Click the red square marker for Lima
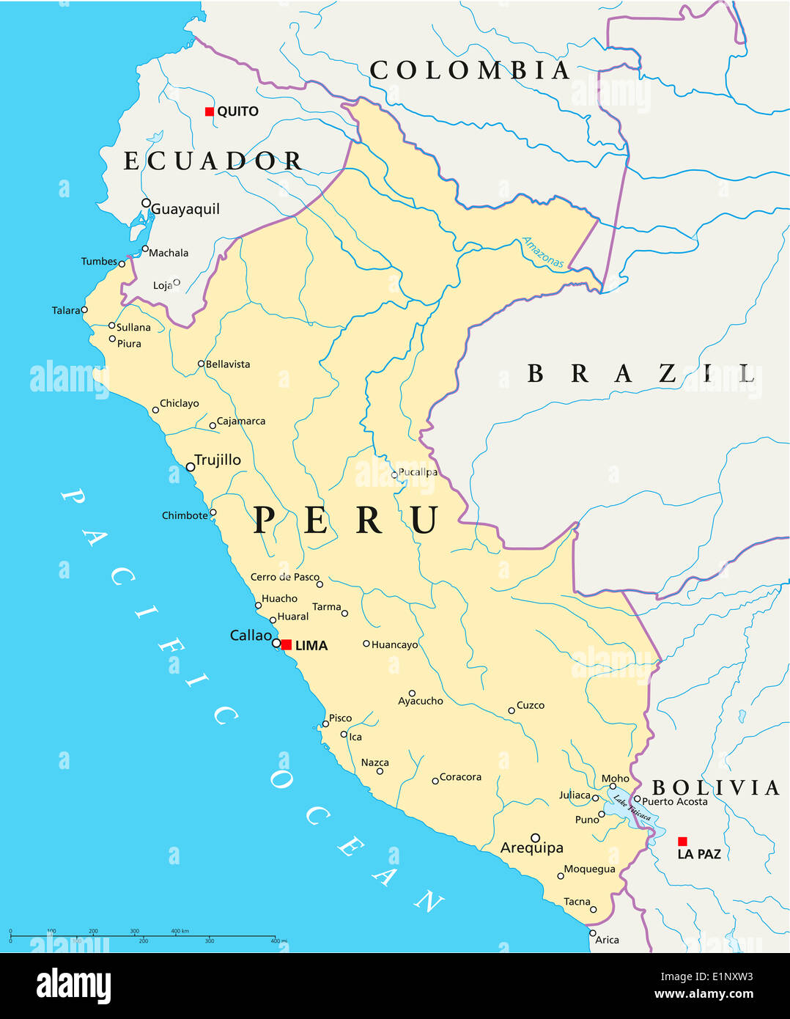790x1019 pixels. coord(287,644)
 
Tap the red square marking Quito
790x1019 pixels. coord(210,111)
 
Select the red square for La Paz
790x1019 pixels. coord(682,842)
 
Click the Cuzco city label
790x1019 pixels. coord(531,705)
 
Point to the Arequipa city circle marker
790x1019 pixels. coord(535,837)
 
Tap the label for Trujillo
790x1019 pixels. coord(218,460)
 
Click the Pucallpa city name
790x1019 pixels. coord(418,472)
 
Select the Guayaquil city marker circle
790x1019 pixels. coord(146,203)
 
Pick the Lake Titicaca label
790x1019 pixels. coord(632,807)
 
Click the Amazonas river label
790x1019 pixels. coord(543,252)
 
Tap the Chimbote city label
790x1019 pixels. coord(185,515)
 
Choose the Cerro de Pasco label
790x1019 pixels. coord(284,577)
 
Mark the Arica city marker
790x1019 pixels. coord(593,933)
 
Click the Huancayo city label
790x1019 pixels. coord(394,645)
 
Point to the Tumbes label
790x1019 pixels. coord(99,261)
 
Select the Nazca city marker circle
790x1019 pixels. coord(380,771)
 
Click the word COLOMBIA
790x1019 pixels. coord(470,70)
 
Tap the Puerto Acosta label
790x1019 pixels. coord(675,801)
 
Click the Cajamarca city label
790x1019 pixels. coord(241,421)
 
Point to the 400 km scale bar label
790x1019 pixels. coord(180,931)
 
